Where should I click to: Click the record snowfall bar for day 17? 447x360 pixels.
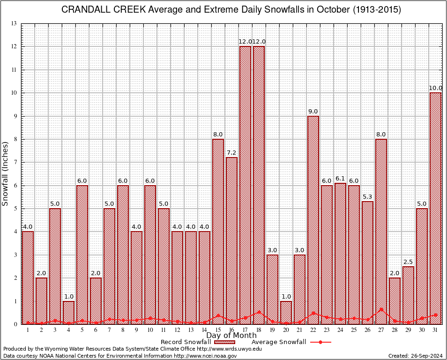pos(245,185)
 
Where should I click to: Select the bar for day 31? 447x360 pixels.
pos(435,208)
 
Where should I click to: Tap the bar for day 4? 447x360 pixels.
pos(68,312)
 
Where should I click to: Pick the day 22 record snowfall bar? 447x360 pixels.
pos(313,220)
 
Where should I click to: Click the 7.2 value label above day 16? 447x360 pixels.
pos(231,153)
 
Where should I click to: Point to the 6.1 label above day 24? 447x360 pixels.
pos(340,179)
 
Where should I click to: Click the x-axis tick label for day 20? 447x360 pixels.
pos(286,330)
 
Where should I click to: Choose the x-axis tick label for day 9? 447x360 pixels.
pos(136,330)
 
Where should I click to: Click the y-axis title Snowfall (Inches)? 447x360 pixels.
pos(6,173)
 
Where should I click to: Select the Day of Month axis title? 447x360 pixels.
pos(231,336)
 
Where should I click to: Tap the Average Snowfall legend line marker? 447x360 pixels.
pos(320,342)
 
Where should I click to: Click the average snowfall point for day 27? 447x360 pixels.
pos(381,309)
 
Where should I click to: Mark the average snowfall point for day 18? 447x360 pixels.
pos(259,312)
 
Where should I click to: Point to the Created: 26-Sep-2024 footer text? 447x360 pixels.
pos(416,356)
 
